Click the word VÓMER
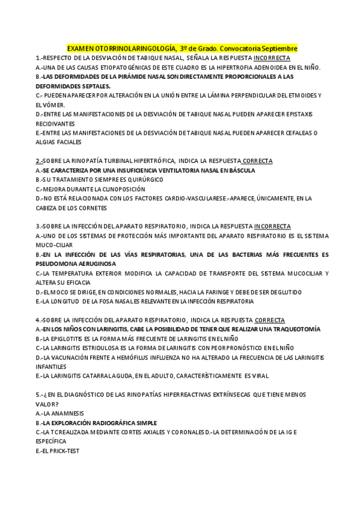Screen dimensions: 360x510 tap(48, 105)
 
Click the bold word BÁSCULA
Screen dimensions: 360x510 tap(241, 170)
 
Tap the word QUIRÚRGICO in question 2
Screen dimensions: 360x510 tap(113, 180)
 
